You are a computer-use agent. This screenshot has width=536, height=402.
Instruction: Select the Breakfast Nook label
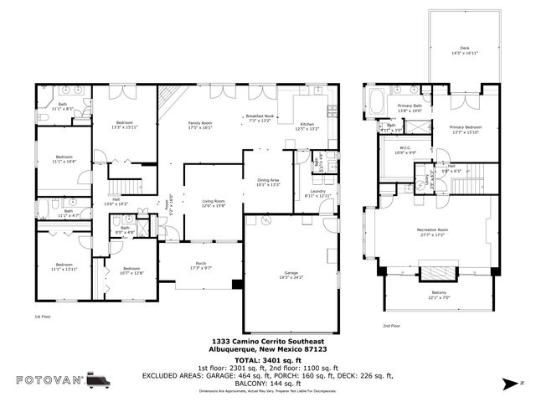point(260,117)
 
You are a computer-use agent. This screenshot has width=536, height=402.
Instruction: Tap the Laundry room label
point(317,193)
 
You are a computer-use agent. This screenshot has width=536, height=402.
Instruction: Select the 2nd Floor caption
point(392,325)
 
